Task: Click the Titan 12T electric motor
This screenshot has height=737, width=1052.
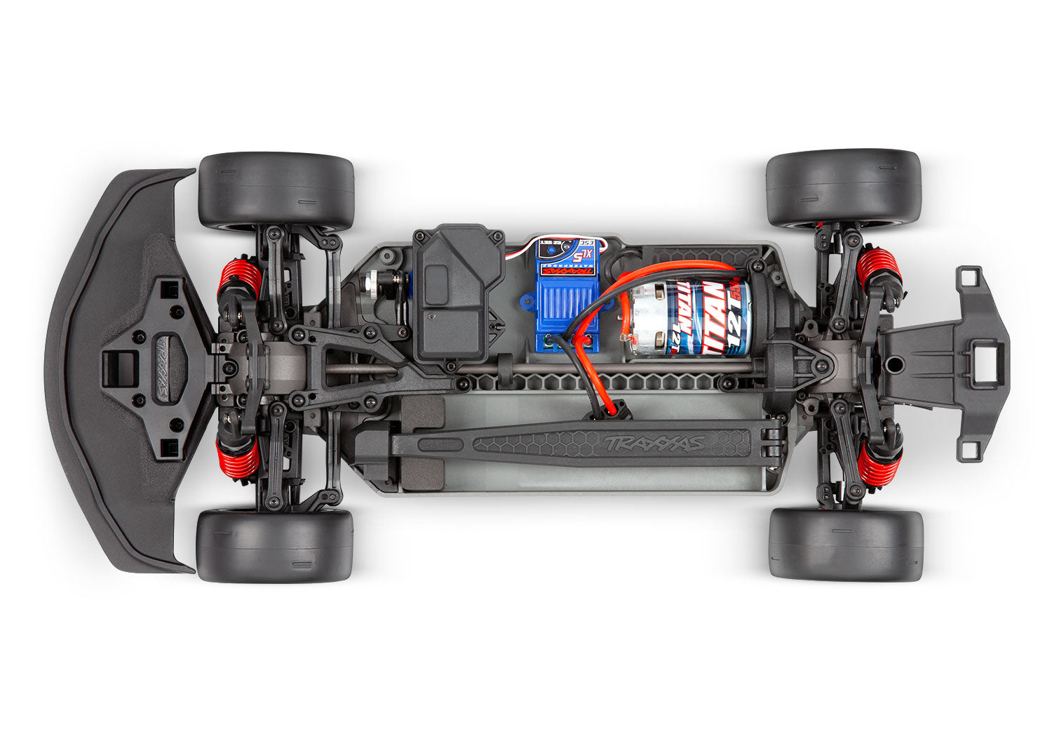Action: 691,318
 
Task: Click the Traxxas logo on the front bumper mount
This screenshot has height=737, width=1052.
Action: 162,369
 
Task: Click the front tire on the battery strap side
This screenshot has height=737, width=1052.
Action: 275,545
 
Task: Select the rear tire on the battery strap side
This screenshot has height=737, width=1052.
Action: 845,545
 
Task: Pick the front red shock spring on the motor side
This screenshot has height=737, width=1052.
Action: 240,278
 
